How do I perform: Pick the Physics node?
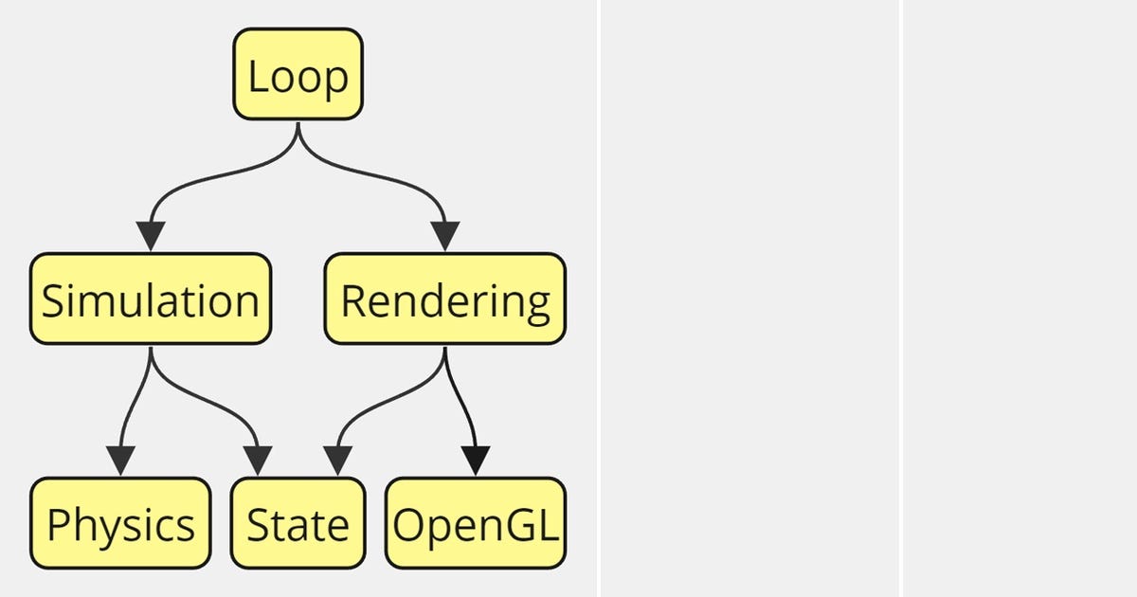point(120,523)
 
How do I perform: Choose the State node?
point(298,523)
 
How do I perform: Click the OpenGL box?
point(476,523)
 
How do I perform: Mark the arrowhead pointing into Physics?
point(120,461)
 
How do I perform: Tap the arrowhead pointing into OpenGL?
point(476,461)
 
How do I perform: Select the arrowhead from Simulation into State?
point(258,461)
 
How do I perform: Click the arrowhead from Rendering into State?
point(337,461)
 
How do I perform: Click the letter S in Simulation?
point(53,300)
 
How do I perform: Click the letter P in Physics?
point(58,524)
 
